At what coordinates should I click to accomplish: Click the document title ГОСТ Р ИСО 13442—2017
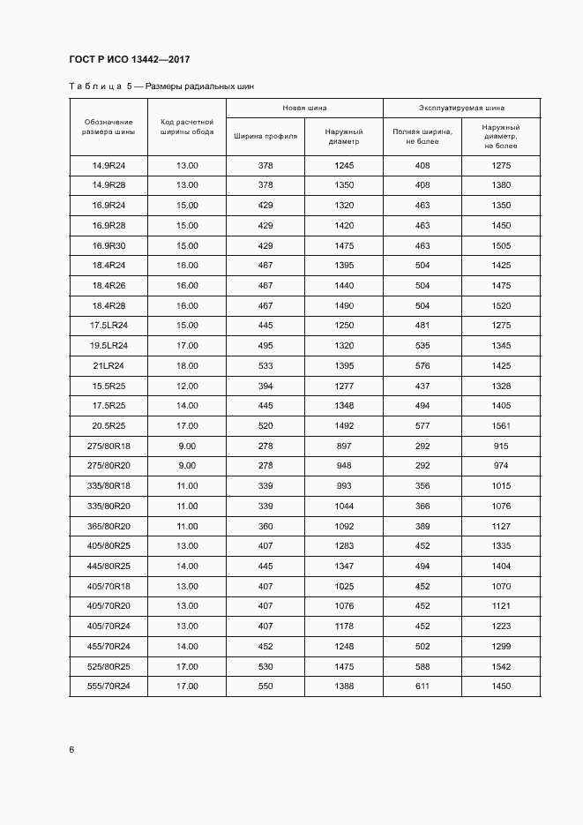pos(129,60)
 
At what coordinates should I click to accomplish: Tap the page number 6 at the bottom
pos(71,750)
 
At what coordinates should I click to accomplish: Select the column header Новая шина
pos(304,108)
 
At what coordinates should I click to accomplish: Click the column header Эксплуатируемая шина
pos(461,108)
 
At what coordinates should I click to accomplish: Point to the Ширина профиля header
pos(265,137)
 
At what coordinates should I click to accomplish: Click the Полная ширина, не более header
pos(422,137)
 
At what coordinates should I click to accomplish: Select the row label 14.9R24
pos(108,166)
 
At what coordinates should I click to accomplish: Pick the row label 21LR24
pos(108,365)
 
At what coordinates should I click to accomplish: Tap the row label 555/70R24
pos(108,686)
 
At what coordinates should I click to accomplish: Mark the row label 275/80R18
pos(108,446)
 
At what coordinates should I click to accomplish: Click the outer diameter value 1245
pos(344,166)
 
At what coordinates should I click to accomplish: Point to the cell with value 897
pos(344,446)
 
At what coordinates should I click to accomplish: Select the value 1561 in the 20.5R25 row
pos(501,425)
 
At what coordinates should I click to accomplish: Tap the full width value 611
pos(422,686)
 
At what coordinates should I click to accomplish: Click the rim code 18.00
pos(187,365)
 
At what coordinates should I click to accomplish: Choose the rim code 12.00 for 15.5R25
pos(187,386)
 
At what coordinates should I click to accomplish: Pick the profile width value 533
pos(265,365)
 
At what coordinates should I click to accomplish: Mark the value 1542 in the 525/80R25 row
pos(501,666)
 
